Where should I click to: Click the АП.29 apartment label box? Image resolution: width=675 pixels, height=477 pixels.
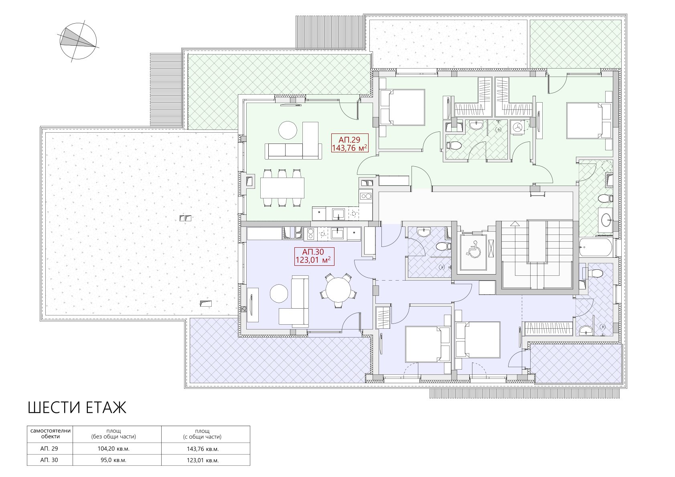tap(350, 143)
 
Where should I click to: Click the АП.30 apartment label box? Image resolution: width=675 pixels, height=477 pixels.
tap(314, 256)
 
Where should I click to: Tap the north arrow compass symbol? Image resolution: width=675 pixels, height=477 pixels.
tap(78, 41)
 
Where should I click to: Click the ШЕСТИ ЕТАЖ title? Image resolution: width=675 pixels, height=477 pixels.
tap(77, 408)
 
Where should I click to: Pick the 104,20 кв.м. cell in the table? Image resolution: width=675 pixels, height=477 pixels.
tap(114, 449)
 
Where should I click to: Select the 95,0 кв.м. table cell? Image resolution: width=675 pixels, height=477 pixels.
tap(114, 460)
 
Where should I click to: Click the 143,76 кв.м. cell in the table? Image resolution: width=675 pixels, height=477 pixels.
tap(203, 449)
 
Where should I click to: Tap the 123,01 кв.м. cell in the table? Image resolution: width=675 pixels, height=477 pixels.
tap(203, 461)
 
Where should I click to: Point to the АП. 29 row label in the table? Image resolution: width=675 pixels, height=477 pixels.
tap(49, 449)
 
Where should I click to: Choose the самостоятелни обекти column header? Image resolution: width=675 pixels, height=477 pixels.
tap(50, 433)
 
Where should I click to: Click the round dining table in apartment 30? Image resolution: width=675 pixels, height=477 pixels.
tap(339, 290)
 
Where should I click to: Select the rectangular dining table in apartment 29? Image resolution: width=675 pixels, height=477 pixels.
tap(282, 188)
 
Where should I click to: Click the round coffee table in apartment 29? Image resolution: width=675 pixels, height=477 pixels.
tap(288, 130)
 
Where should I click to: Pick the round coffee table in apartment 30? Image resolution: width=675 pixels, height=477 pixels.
tap(279, 293)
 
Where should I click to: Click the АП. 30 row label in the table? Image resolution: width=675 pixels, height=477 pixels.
tap(49, 460)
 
